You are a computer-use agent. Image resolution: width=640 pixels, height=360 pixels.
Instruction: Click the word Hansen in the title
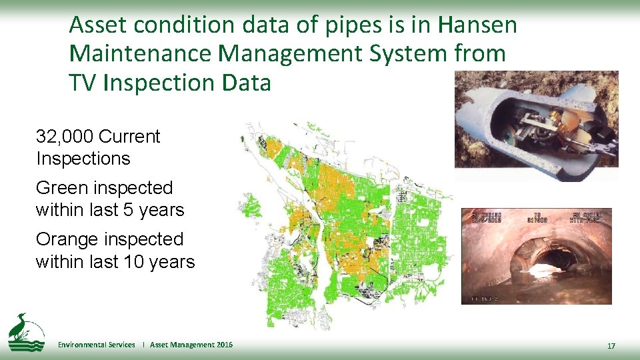point(477,25)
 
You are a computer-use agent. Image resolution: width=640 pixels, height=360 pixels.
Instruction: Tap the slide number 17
point(611,345)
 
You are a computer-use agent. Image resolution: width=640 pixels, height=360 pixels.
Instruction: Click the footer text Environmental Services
point(97,345)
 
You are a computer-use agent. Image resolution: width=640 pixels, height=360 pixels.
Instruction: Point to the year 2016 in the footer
point(225,345)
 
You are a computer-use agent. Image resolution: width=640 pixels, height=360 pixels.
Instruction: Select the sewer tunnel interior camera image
point(536,256)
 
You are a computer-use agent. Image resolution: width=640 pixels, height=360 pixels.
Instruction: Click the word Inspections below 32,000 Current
point(83,159)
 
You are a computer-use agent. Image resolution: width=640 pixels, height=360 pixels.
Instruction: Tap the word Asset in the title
point(93,25)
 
